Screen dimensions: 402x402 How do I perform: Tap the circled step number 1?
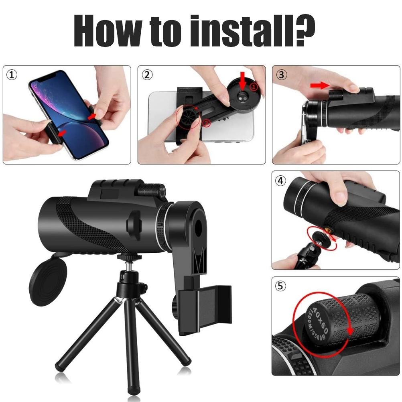pyautogui.click(x=12, y=75)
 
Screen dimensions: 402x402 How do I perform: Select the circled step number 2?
pyautogui.click(x=147, y=75)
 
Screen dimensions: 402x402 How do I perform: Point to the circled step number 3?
pyautogui.click(x=282, y=75)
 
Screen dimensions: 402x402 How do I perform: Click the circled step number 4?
pyautogui.click(x=281, y=181)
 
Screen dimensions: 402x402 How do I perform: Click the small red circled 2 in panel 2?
pyautogui.click(x=206, y=124)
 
